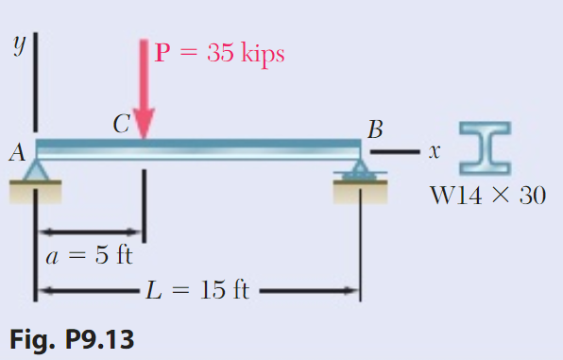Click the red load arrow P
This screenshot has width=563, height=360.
coord(144,90)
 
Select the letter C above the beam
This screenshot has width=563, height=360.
coord(121,125)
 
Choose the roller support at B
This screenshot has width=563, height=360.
coord(360,170)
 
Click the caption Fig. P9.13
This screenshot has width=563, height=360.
coord(72,337)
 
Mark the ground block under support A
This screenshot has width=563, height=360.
coord(36,191)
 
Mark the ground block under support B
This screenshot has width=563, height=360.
coord(360,192)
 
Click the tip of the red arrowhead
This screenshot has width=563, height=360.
coord(144,137)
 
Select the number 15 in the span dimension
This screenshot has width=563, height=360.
coord(213,290)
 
